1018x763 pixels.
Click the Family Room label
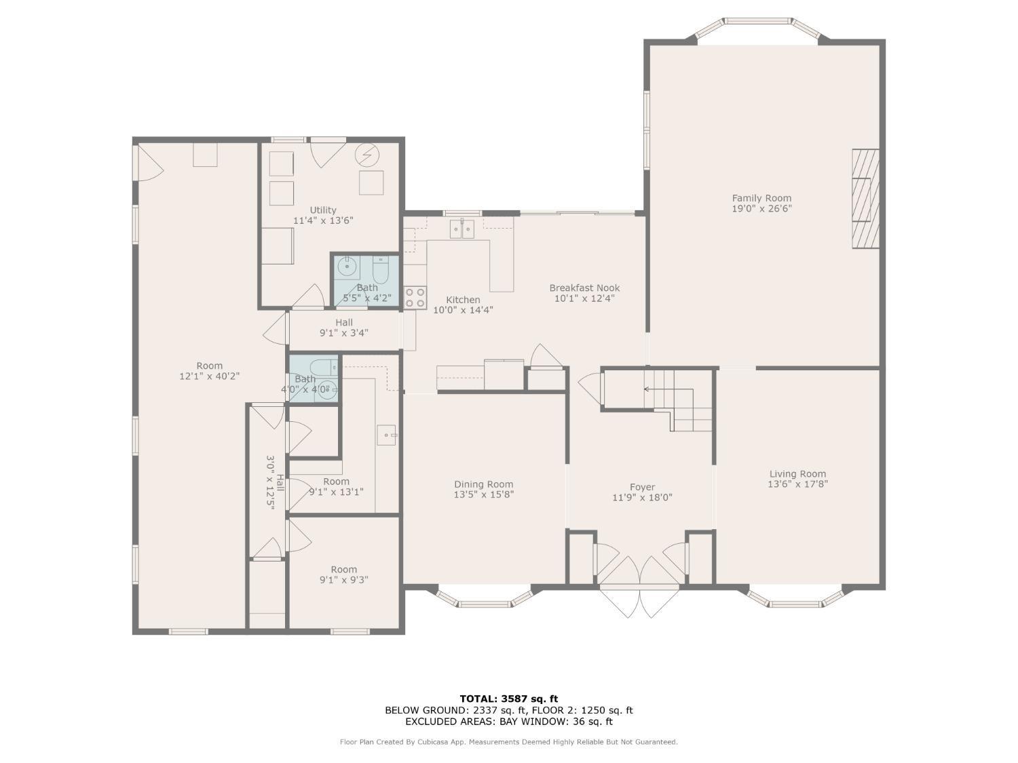click(761, 198)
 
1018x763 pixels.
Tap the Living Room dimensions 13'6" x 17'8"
click(797, 484)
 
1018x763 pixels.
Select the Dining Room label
click(483, 484)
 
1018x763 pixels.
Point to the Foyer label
click(642, 488)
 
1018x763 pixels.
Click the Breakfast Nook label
click(584, 288)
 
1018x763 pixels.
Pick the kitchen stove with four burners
click(415, 298)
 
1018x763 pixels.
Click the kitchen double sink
click(462, 229)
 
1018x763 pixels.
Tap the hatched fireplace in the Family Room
click(865, 199)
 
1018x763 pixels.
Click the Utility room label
click(323, 210)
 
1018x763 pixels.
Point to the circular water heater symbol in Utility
click(367, 155)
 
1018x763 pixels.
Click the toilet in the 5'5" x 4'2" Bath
click(381, 271)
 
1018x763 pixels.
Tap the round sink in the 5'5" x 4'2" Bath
click(346, 267)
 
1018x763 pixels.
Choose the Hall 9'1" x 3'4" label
click(343, 328)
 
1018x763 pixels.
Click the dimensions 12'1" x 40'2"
click(209, 376)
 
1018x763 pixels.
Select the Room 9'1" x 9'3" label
click(343, 574)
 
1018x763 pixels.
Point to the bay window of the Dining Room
click(484, 598)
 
